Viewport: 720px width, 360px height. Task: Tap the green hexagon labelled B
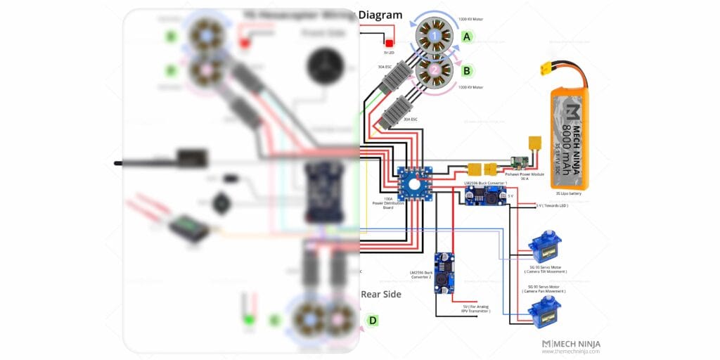pos(466,70)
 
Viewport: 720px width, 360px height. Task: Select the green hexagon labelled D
pos(373,321)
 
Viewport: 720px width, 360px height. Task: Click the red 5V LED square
pos(389,44)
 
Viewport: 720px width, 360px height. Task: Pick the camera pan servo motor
pos(544,312)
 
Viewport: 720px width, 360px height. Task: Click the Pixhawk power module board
pos(520,162)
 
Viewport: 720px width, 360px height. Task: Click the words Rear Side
pos(381,295)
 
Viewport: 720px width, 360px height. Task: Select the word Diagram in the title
pos(380,15)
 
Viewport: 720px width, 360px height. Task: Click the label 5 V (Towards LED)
pos(552,206)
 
